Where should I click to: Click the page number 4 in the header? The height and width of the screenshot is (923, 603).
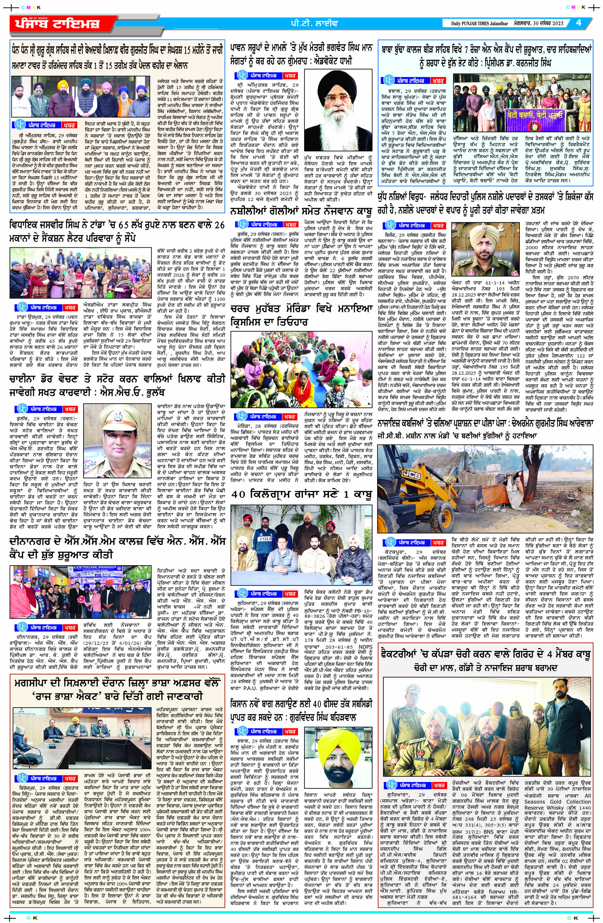tap(578, 23)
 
